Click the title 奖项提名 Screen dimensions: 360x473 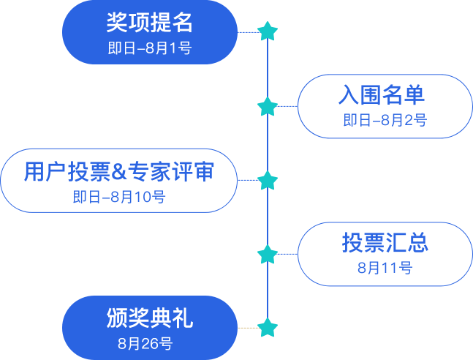click(149, 23)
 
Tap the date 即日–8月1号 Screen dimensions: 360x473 click(149, 48)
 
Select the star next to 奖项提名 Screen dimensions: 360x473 click(268, 31)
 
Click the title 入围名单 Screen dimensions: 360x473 click(382, 95)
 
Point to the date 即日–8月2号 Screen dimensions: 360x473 click(385, 121)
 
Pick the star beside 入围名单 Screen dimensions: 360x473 click(268, 106)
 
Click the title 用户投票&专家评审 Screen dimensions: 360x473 click(118, 171)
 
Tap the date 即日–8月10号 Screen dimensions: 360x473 click(118, 197)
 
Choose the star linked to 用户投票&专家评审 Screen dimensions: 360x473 click(268, 180)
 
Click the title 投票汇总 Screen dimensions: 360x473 click(385, 243)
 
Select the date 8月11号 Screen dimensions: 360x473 click(385, 268)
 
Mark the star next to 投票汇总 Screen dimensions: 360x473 click(268, 254)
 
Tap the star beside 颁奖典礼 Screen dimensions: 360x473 click(268, 327)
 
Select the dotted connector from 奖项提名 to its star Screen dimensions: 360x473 click(248, 32)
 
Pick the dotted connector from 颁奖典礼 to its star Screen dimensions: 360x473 click(248, 327)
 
